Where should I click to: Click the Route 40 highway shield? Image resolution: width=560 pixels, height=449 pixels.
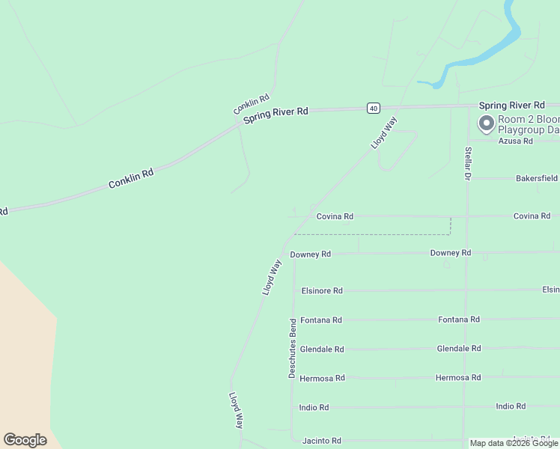coord(373,108)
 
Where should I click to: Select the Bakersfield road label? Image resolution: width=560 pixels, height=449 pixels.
coord(536,179)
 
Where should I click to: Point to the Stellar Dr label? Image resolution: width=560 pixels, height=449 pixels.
coord(467,164)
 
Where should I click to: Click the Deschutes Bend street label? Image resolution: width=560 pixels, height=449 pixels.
coord(293,348)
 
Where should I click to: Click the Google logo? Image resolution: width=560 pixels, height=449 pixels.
coord(25,440)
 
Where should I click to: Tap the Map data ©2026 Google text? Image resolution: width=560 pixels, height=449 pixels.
coord(513,443)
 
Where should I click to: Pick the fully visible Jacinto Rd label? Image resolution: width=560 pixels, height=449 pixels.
coord(321,441)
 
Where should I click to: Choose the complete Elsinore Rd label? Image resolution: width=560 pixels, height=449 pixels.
coord(321,290)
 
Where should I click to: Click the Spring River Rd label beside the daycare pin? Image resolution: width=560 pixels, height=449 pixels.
coord(511,106)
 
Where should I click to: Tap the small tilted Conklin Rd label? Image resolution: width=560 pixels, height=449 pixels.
coord(251,104)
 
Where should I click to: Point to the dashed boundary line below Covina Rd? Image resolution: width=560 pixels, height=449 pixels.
coord(374,234)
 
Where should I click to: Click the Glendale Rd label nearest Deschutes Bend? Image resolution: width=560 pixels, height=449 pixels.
coord(321,349)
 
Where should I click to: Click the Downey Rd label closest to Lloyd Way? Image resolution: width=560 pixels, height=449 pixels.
coord(310,254)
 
